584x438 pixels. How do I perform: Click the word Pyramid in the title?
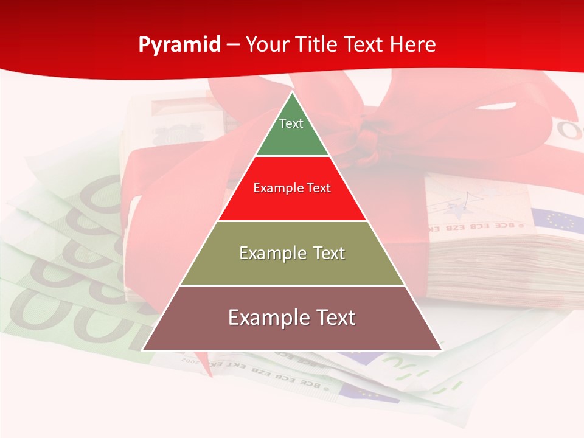pos(179,44)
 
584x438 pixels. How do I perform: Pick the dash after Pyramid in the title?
pos(233,45)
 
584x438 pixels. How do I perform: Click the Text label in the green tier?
pos(291,123)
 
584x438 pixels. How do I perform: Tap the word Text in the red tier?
pos(319,188)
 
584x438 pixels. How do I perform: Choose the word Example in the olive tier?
pos(271,253)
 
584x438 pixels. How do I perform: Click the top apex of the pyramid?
pos(292,92)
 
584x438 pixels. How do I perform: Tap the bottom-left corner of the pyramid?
pos(143,350)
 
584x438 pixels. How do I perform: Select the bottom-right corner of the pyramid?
pos(441,350)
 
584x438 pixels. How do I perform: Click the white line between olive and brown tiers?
pos(292,285)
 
